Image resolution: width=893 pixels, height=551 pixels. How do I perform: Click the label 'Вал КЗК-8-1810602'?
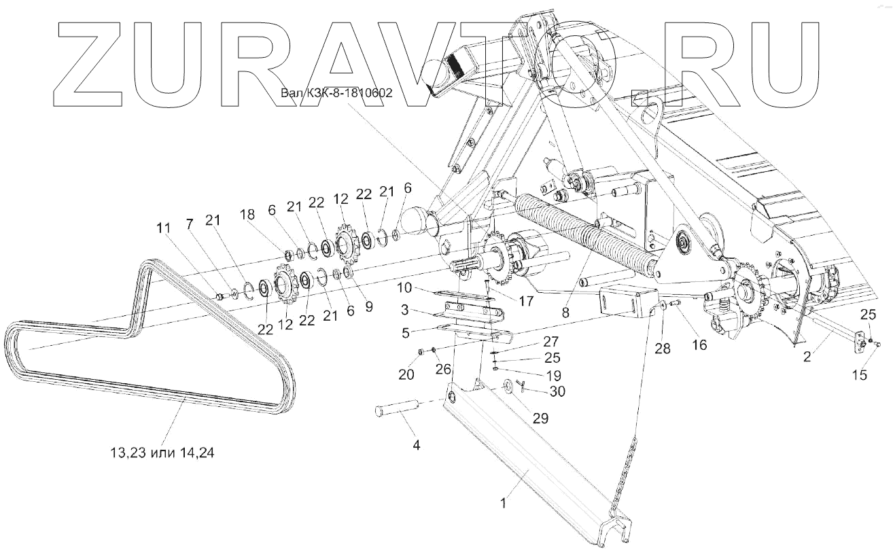(x=336, y=93)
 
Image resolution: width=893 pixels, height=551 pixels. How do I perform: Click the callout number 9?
(x=369, y=306)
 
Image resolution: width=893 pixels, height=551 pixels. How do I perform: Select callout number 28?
(x=663, y=349)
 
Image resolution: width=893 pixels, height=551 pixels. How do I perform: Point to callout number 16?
(x=699, y=345)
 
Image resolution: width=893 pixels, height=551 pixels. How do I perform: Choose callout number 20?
(x=406, y=374)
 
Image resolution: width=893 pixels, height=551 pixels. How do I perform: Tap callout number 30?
(x=557, y=391)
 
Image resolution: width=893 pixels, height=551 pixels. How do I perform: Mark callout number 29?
(x=540, y=419)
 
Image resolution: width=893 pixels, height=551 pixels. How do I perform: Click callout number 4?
(x=417, y=446)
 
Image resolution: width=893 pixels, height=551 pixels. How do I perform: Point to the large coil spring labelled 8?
(x=584, y=231)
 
